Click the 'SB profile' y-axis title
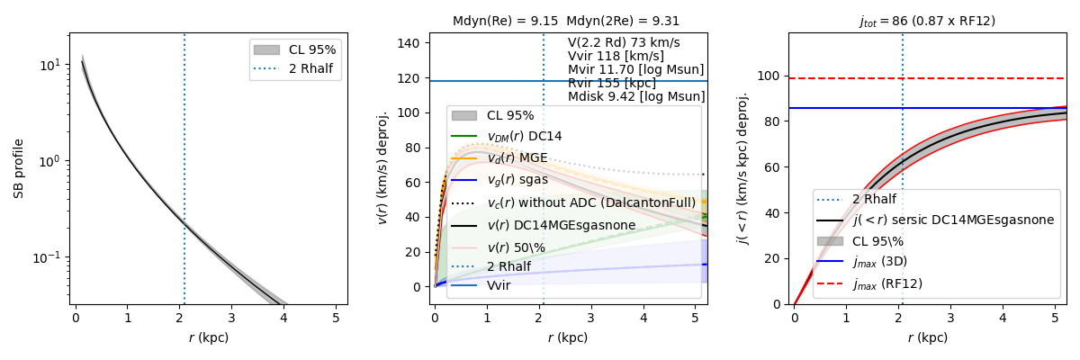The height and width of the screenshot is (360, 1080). (x=19, y=168)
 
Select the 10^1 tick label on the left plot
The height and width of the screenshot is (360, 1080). (x=50, y=65)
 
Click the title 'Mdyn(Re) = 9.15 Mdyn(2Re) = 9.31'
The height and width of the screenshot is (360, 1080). (x=567, y=22)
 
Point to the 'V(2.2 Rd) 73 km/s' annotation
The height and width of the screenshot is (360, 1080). (x=624, y=42)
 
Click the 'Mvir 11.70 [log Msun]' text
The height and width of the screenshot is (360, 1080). (x=635, y=69)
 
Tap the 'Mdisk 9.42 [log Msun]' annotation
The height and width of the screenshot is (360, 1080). (x=636, y=96)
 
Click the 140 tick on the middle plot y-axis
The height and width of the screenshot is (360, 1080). (x=412, y=43)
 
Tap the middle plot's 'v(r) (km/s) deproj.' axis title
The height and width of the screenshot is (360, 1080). (x=382, y=168)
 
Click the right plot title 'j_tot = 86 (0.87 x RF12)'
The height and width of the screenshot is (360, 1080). (x=926, y=22)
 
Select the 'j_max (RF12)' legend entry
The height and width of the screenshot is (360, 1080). (x=887, y=283)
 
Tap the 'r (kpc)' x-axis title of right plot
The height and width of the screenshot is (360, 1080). (x=927, y=338)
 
